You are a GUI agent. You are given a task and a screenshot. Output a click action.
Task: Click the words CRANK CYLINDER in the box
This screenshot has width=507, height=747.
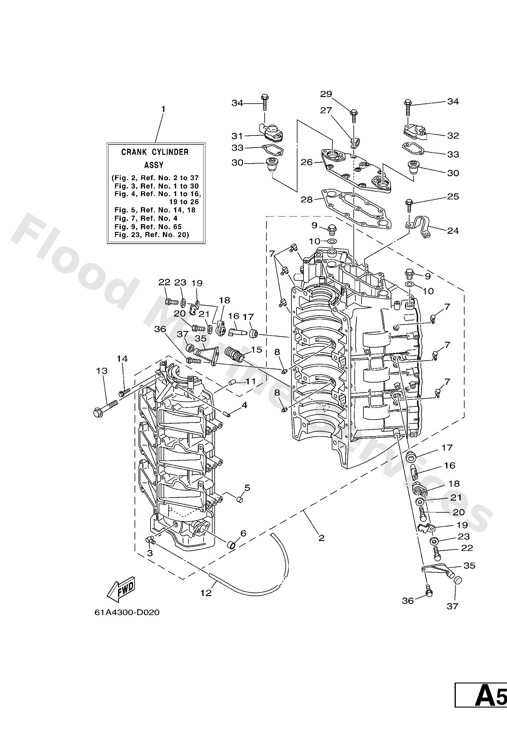[x=154, y=152]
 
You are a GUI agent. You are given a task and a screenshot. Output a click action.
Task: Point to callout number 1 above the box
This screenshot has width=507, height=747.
[x=163, y=109]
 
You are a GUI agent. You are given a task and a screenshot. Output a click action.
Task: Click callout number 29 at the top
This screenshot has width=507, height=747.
[x=325, y=94]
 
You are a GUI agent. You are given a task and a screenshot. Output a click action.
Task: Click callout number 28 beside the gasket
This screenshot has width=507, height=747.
[x=306, y=200]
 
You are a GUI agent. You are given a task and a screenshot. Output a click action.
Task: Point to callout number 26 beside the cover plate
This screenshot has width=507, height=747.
[x=306, y=162]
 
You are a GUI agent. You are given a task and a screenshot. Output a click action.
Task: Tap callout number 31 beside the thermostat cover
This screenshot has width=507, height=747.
[x=238, y=136]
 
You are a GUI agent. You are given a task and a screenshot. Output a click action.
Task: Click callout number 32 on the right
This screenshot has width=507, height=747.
[x=453, y=136]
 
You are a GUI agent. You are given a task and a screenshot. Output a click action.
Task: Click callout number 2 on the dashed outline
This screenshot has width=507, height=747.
[x=321, y=538]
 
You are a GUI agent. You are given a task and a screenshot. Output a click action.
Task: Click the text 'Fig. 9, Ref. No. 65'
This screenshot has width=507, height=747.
[x=148, y=226]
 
